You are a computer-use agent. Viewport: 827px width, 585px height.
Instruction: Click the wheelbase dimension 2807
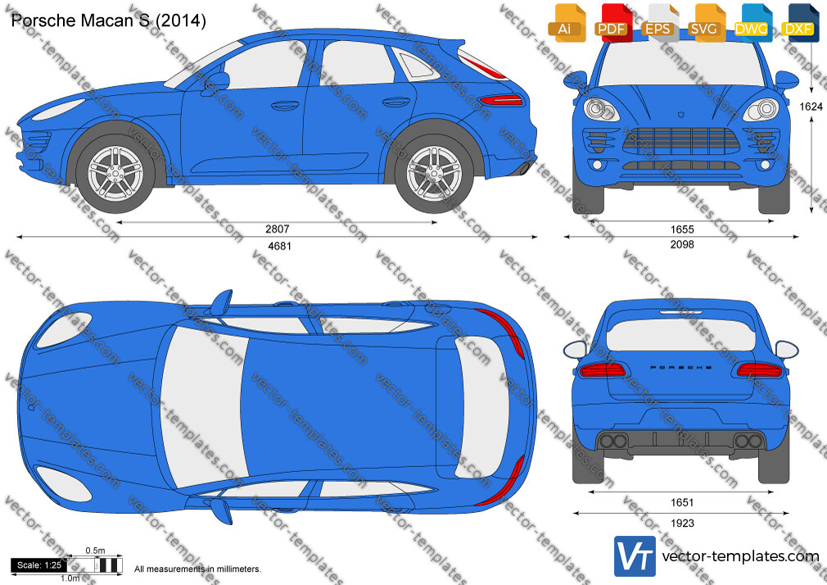pyautogui.click(x=277, y=229)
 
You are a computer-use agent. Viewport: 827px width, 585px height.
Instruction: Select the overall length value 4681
pyautogui.click(x=279, y=246)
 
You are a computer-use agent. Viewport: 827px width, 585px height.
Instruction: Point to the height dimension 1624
pyautogui.click(x=811, y=107)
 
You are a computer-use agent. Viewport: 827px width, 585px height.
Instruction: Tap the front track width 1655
pyautogui.click(x=682, y=229)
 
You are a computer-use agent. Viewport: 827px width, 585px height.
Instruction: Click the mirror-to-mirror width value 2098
pyautogui.click(x=682, y=244)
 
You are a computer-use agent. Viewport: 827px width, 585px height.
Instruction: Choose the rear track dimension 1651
pyautogui.click(x=681, y=502)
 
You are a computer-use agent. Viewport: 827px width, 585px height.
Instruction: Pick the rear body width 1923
pyautogui.click(x=682, y=524)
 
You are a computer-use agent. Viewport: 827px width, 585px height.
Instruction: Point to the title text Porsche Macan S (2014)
pyautogui.click(x=109, y=20)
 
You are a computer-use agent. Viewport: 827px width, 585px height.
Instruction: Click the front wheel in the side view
pyautogui.click(x=115, y=173)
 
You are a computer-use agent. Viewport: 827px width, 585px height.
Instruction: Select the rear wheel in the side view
pyautogui.click(x=434, y=173)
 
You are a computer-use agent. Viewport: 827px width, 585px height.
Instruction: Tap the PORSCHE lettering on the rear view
pyautogui.click(x=681, y=368)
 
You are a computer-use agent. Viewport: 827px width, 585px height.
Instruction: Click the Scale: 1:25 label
pyautogui.click(x=39, y=565)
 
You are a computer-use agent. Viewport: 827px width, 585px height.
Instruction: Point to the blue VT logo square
pyautogui.click(x=635, y=556)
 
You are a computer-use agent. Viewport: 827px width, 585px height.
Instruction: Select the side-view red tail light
pyautogui.click(x=500, y=100)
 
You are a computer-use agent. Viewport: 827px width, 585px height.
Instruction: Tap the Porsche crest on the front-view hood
pyautogui.click(x=681, y=114)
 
